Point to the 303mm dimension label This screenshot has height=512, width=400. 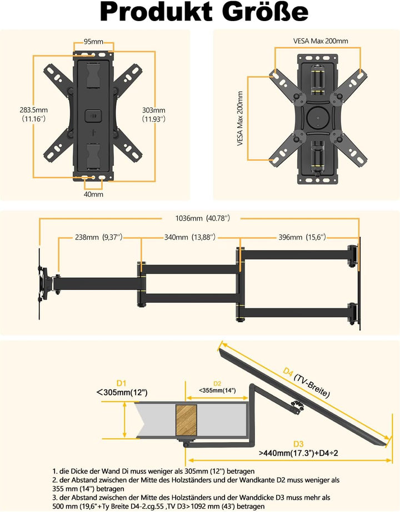click(153, 114)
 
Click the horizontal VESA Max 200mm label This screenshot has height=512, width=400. click(321, 41)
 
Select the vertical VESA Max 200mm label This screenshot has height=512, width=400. click(240, 120)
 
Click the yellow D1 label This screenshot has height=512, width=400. click(122, 383)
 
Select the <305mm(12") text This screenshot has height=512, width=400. click(122, 393)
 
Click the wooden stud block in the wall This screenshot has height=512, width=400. click(187, 420)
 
